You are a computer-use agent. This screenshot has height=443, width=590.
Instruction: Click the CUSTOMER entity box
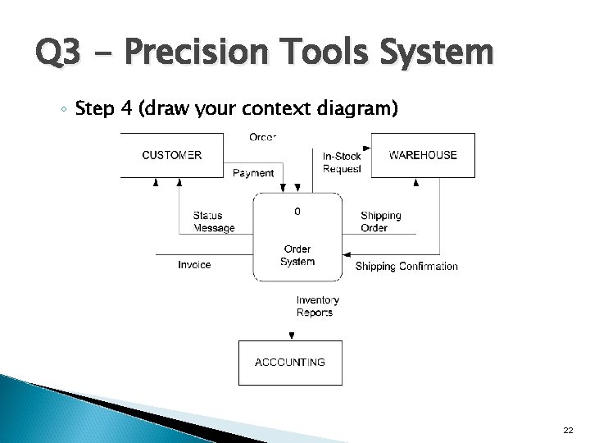pyautogui.click(x=172, y=155)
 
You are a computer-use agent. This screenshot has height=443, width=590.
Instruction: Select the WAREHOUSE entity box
pyautogui.click(x=423, y=155)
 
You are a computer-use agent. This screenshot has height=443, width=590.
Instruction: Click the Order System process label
pyautogui.click(x=297, y=255)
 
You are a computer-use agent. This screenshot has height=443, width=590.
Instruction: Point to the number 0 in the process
pyautogui.click(x=297, y=212)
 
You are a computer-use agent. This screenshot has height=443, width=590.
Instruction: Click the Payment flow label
pyautogui.click(x=253, y=173)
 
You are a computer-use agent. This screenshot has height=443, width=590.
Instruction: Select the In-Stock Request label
pyautogui.click(x=342, y=162)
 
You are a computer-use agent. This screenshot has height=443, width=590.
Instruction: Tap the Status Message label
pyautogui.click(x=214, y=221)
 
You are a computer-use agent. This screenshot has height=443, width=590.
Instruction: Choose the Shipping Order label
pyautogui.click(x=381, y=221)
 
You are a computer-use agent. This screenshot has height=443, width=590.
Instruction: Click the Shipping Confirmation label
pyautogui.click(x=406, y=267)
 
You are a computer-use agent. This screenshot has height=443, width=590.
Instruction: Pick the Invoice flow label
pyautogui.click(x=194, y=264)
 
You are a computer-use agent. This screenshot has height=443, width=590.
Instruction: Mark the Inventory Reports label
pyautogui.click(x=317, y=306)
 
